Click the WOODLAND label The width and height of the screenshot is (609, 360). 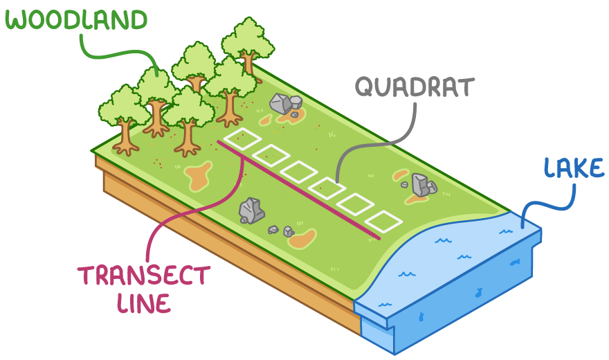(x=77, y=20)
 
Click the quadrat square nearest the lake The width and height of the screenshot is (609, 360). (x=383, y=222)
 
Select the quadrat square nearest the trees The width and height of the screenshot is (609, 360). (x=242, y=138)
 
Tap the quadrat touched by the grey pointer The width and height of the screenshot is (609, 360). (x=327, y=188)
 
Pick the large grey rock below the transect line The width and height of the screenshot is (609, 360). (x=251, y=210)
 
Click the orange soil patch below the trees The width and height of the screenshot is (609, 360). (x=199, y=176)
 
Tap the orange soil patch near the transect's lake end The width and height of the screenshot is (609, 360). (x=302, y=239)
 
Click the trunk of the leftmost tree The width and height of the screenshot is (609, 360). (x=125, y=136)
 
